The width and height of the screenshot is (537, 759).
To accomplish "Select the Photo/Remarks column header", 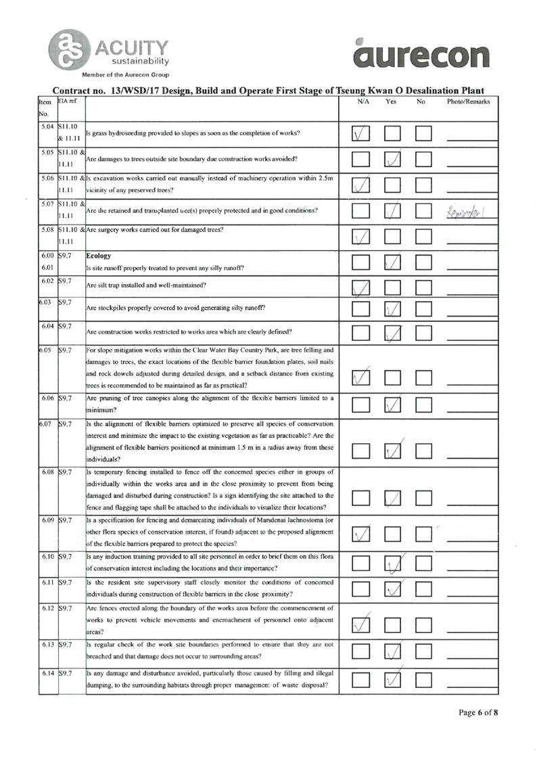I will tap(469, 101).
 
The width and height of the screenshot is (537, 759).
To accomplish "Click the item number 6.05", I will tap(45, 350).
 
